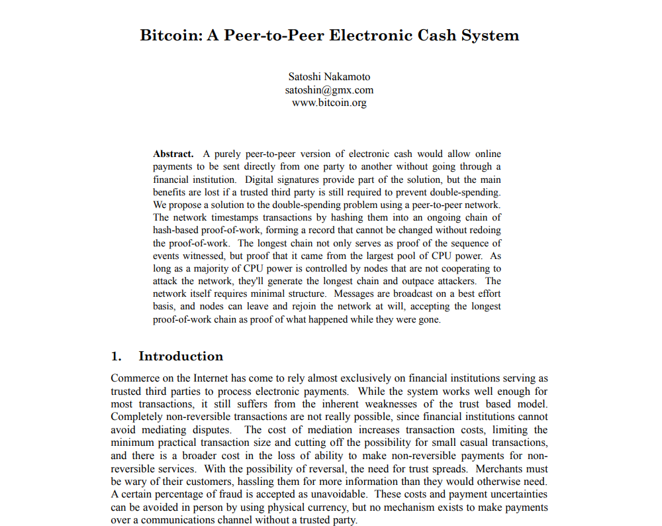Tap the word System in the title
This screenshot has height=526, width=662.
[x=490, y=35]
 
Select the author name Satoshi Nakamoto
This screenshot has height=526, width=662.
[x=329, y=76]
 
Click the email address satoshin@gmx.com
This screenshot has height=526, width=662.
[x=329, y=89]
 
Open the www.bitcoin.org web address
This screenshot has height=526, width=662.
[x=329, y=103]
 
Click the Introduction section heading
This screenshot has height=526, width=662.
[x=181, y=356]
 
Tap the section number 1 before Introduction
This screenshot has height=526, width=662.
[x=116, y=356]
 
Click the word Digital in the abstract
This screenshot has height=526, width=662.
[x=260, y=180]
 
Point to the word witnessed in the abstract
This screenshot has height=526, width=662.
[x=201, y=255]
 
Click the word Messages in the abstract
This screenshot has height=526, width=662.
[x=357, y=293]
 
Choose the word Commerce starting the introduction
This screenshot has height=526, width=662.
[x=134, y=379]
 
